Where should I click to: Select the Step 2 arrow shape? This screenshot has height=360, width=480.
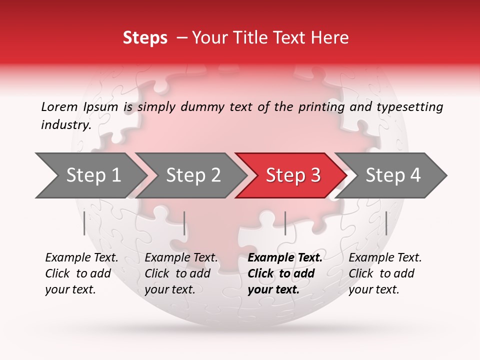pos(192,175)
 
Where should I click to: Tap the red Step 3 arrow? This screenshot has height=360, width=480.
pos(292,175)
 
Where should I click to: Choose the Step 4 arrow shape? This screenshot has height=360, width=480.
pos(393,175)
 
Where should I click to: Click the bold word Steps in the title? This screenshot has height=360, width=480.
pos(145,38)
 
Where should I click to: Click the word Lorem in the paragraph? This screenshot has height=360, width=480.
pos(59,107)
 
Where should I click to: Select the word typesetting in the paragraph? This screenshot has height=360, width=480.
pos(409,107)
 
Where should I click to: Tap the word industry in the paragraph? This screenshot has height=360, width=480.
pos(65,125)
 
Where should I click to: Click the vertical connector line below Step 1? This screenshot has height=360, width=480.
pos(84,223)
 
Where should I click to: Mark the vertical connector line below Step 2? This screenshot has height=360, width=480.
pos(184,223)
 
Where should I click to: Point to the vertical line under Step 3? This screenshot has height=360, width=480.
pos(285,223)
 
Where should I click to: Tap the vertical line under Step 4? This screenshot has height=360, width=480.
pos(386,223)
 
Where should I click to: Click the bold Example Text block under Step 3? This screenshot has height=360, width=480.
pos(284,273)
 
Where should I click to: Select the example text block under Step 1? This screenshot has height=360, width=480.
pos(81,273)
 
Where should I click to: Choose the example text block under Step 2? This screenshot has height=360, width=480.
pos(181,273)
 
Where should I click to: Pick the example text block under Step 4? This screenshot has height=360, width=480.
pos(385,273)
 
